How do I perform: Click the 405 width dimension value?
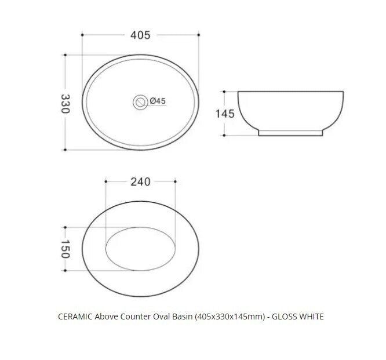[140, 35]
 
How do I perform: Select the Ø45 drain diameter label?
[158, 101]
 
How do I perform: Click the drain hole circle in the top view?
[140, 101]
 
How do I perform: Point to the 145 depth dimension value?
[225, 114]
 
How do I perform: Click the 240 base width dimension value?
[140, 181]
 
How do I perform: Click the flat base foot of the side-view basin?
[290, 132]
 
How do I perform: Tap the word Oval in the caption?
[177, 317]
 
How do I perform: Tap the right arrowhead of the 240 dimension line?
[173, 181]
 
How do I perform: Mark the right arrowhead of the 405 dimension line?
[200, 35]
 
